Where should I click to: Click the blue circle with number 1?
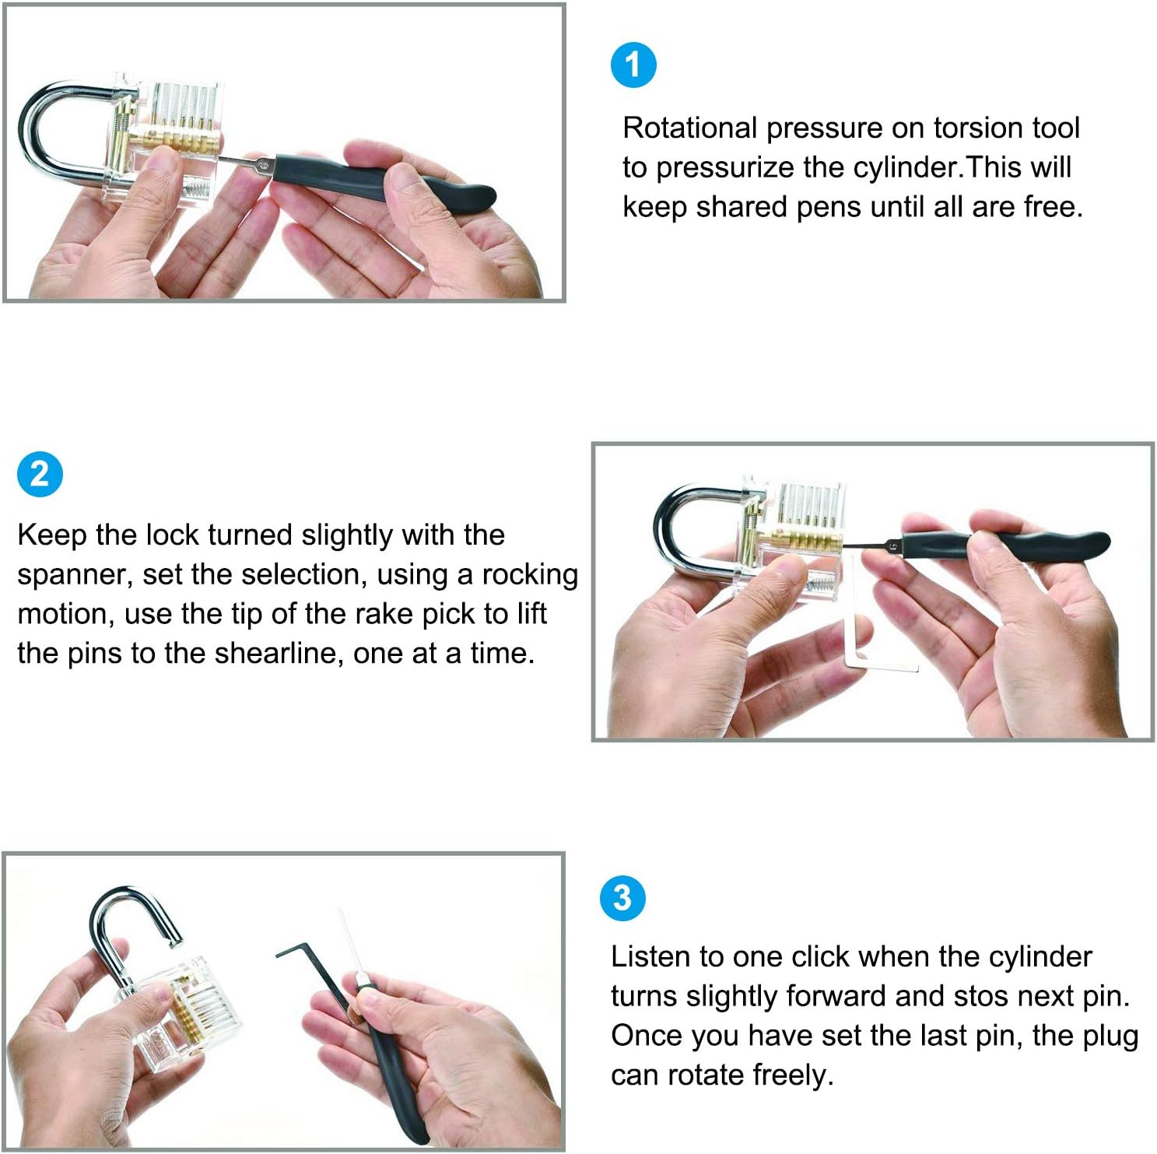[x=633, y=65]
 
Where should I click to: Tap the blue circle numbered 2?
[x=40, y=474]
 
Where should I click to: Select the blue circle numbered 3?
[x=622, y=898]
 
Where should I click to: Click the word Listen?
[x=650, y=956]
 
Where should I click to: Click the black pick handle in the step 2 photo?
[x=1004, y=544]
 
